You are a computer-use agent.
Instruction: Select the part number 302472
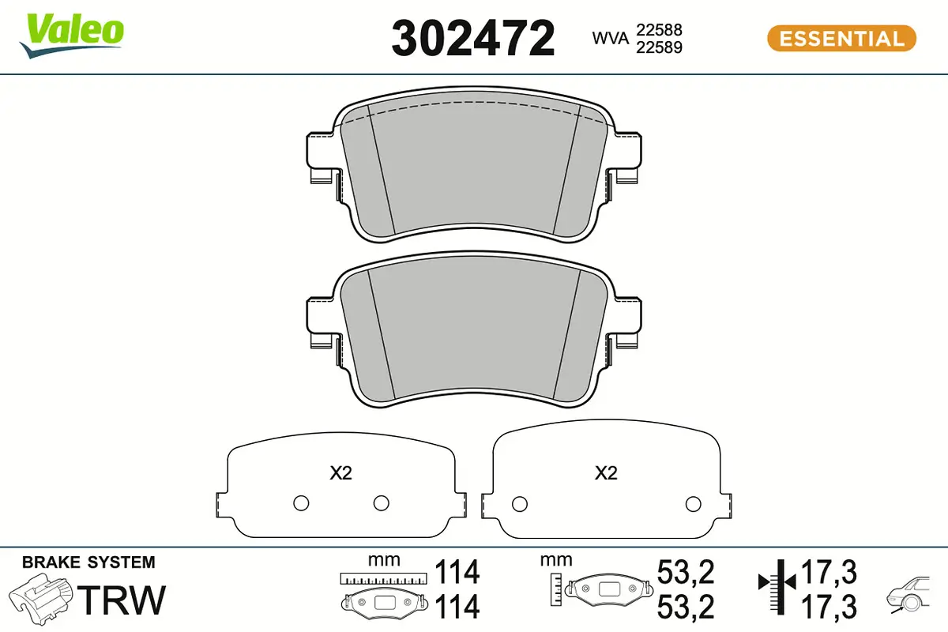pos(473,38)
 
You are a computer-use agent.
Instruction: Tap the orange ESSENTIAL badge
pos(841,38)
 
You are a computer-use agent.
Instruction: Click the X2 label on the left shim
pos(340,473)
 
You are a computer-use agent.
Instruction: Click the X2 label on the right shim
pos(605,473)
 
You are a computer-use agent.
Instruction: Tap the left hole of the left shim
pos(300,503)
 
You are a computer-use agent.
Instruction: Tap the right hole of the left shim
pos(382,503)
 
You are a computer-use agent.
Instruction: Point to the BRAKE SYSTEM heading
pos(88,562)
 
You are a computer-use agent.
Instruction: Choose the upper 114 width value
pos(457,571)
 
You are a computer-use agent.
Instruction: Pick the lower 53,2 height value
pos(686,607)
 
